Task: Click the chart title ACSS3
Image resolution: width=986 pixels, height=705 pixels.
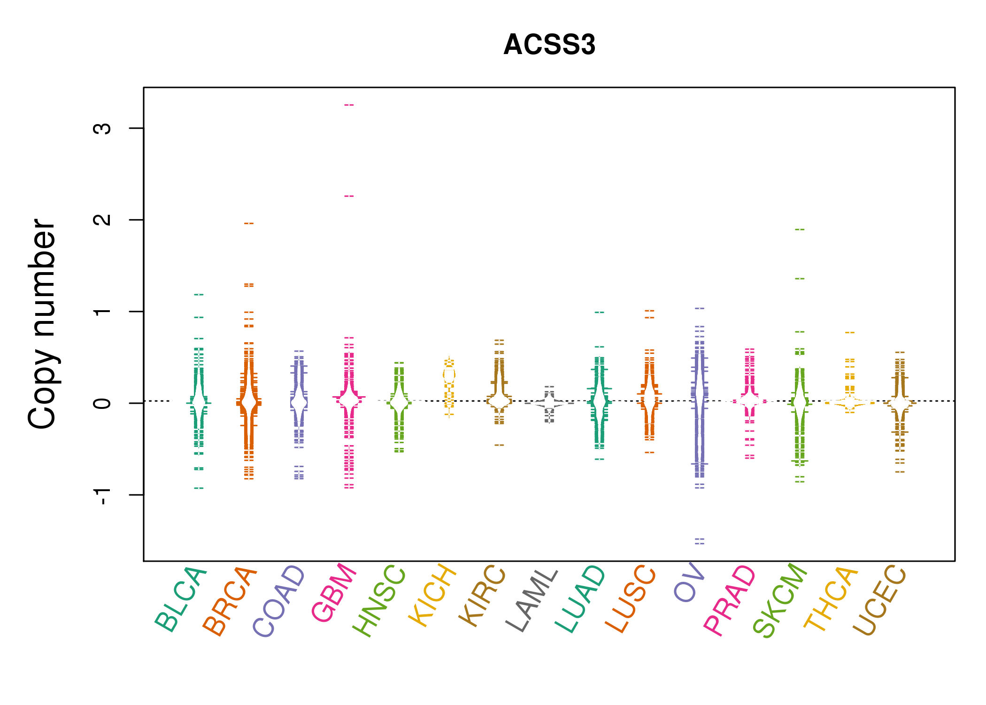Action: pyautogui.click(x=549, y=45)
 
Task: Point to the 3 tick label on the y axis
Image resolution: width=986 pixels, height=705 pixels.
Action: pyautogui.click(x=102, y=128)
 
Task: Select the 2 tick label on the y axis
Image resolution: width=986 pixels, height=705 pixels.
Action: pyautogui.click(x=102, y=219)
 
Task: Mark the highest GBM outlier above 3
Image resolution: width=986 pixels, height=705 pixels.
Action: pyautogui.click(x=349, y=105)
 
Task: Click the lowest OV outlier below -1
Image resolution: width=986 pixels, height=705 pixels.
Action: pyautogui.click(x=700, y=543)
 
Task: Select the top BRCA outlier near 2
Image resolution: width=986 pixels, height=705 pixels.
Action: pyautogui.click(x=249, y=223)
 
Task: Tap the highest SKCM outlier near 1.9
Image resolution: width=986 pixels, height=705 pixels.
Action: pyautogui.click(x=800, y=229)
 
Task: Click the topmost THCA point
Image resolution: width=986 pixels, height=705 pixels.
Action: pyautogui.click(x=850, y=332)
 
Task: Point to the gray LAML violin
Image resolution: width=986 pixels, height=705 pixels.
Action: pyautogui.click(x=549, y=403)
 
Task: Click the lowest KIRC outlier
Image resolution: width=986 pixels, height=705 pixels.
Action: pyautogui.click(x=499, y=445)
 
